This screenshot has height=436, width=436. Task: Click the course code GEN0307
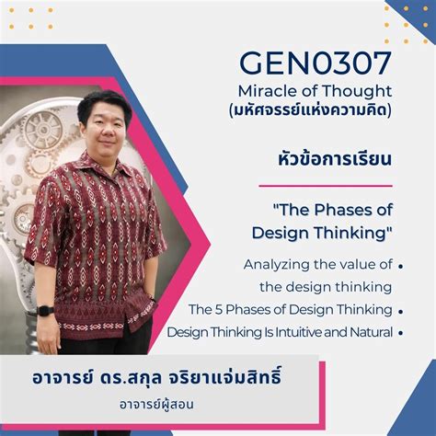[x=316, y=63]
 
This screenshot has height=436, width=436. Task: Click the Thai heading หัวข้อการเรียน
[x=335, y=159]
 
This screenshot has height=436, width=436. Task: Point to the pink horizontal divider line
[x=326, y=186]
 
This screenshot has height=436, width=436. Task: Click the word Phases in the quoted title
[x=340, y=210]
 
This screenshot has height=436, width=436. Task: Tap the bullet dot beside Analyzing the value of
[x=400, y=267]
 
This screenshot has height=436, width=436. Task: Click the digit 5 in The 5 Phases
[x=219, y=309]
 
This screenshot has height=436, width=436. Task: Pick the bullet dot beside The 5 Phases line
[x=400, y=312]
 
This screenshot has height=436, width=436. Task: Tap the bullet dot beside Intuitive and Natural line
[x=400, y=333]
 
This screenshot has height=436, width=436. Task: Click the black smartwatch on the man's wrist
[x=45, y=311]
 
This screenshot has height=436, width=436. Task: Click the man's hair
[x=103, y=103]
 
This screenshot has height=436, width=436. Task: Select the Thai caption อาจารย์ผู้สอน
[x=156, y=404]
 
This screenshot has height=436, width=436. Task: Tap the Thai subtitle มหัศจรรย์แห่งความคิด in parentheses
[x=310, y=110]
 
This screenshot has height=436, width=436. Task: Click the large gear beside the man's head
[x=43, y=131]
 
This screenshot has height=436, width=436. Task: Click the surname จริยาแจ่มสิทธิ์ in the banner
[x=224, y=377]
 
